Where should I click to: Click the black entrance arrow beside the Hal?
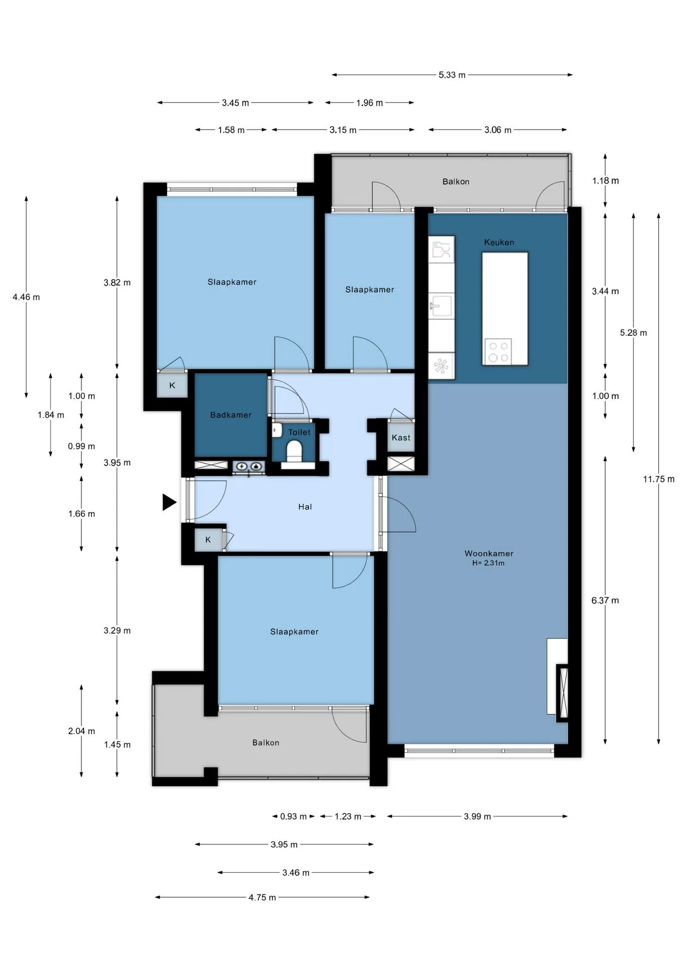[169, 502]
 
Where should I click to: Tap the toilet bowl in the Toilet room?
[294, 450]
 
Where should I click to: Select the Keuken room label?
[499, 242]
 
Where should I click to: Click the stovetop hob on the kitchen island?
[498, 352]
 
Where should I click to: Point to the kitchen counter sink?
[441, 305]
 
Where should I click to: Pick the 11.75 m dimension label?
[659, 479]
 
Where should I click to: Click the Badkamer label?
[231, 415]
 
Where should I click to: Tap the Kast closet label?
[401, 438]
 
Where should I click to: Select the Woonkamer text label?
[489, 553]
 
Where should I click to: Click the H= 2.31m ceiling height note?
[488, 563]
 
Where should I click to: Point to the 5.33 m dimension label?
[452, 75]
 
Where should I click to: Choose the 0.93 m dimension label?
[293, 817]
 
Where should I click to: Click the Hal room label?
[305, 507]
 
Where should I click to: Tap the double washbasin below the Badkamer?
[249, 466]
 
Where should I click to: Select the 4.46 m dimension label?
[26, 297]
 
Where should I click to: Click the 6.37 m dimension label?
[605, 600]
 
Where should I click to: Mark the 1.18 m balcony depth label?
[606, 181]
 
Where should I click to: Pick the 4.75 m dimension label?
[262, 898]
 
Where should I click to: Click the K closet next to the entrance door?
[208, 540]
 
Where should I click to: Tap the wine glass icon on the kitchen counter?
[441, 250]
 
